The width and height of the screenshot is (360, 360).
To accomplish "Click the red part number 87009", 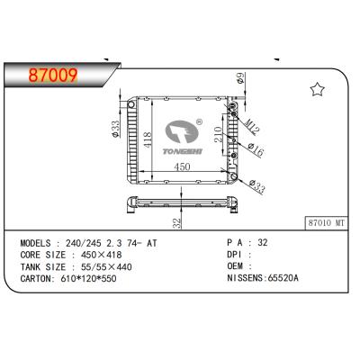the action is point(53,76).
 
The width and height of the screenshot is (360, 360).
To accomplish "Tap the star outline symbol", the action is point(317,89).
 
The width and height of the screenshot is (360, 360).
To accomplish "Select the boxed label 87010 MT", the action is point(327,223).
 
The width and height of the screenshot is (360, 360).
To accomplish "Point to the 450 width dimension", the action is point(183,166).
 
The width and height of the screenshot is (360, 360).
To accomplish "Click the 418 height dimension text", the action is point(148,139).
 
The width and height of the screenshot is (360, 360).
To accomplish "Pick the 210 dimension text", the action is point(218,134).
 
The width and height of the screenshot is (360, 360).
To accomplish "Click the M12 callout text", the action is point(251,128).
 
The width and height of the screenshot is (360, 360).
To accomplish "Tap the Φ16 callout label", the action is point(256,150).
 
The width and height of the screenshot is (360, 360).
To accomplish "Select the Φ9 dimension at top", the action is point(241,78).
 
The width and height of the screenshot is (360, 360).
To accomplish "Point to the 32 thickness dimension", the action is point(177,223).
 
